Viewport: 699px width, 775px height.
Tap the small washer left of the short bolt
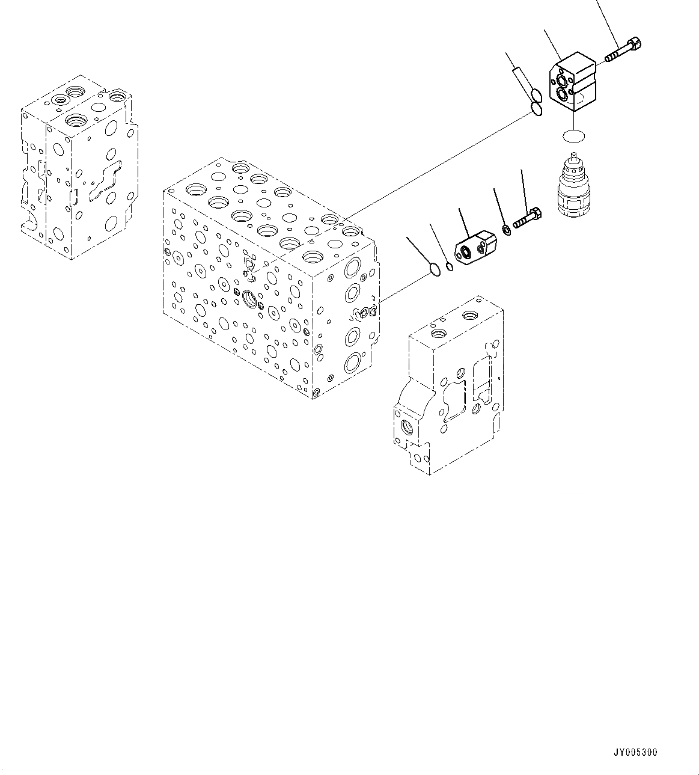click(x=507, y=230)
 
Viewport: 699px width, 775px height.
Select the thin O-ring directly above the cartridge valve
click(x=573, y=137)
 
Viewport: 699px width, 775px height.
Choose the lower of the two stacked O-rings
click(x=537, y=109)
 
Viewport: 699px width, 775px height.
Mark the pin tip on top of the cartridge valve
click(x=574, y=158)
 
